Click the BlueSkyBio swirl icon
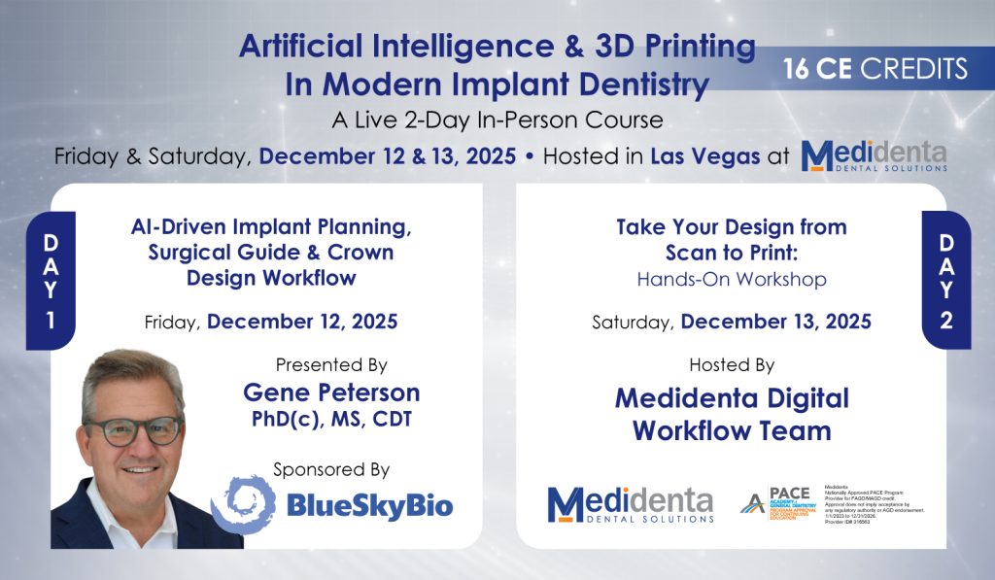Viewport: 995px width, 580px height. click(243, 504)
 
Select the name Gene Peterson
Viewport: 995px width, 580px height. click(331, 392)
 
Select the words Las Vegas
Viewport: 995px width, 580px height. click(705, 157)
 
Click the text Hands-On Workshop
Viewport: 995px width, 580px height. click(732, 280)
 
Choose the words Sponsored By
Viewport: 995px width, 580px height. click(331, 470)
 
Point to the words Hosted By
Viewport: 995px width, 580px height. click(732, 365)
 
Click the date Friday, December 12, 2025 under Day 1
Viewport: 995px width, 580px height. click(270, 322)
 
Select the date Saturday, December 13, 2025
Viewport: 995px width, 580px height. click(732, 322)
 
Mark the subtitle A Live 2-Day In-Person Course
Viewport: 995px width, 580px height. click(497, 120)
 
